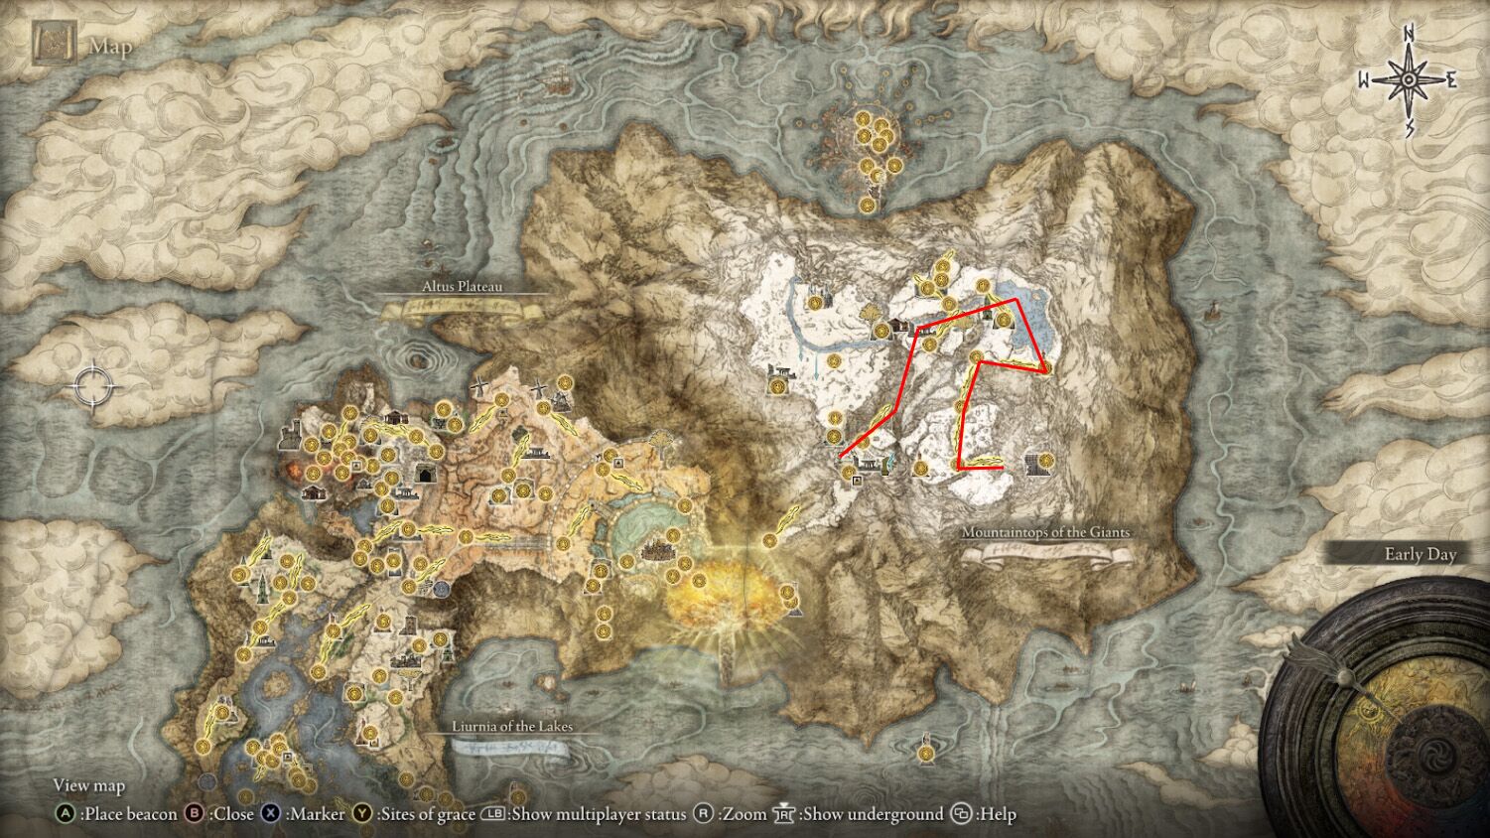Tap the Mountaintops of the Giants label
(x=1045, y=532)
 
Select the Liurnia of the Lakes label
(x=512, y=727)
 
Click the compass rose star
(x=1408, y=80)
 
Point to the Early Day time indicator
(x=1420, y=555)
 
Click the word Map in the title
(x=110, y=47)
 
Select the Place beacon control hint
(x=117, y=814)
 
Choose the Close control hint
(x=222, y=814)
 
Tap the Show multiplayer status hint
(x=585, y=814)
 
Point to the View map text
(x=89, y=785)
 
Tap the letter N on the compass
(x=1408, y=36)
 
